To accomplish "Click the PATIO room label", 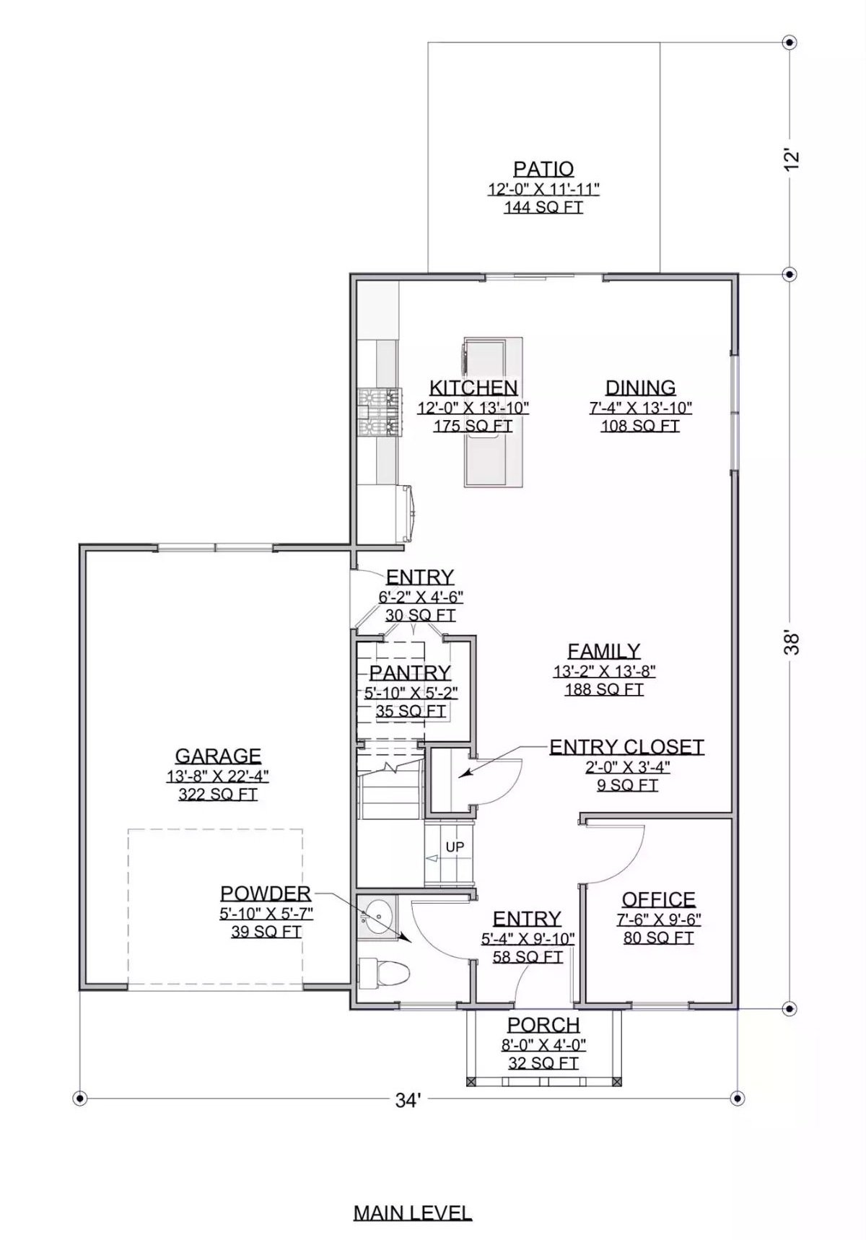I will (543, 169).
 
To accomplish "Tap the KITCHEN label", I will (473, 388).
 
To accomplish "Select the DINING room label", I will (640, 388).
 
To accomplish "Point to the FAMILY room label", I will (604, 651).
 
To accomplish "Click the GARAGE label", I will (218, 756).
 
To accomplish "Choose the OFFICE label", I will (659, 899).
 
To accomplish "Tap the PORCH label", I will (543, 1025).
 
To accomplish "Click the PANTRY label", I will (410, 673).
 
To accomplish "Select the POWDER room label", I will (266, 894).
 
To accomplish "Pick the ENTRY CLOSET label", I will (626, 747).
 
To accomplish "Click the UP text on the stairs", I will (455, 847).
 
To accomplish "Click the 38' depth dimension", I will (792, 642).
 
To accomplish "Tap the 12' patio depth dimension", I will (792, 159).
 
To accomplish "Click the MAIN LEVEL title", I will (413, 1213).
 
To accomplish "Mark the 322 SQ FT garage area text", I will (218, 795).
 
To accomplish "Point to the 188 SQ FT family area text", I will (604, 690).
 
